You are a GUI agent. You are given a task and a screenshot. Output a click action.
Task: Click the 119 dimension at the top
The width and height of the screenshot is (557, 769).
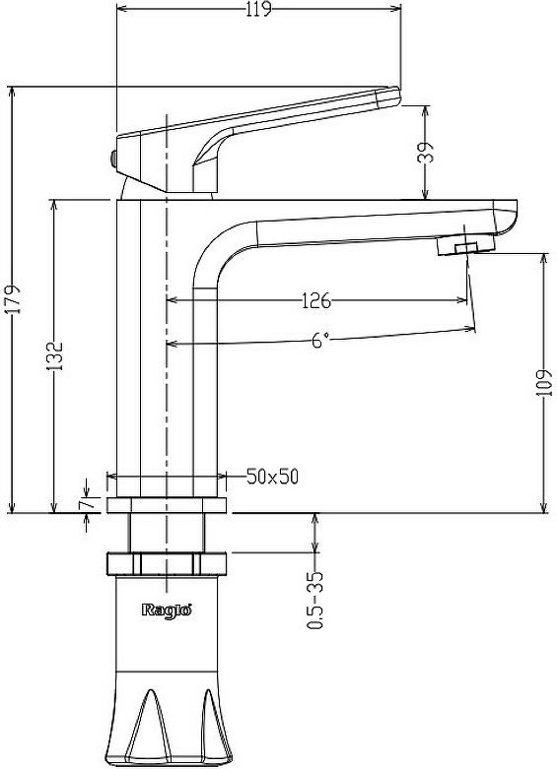(x=259, y=9)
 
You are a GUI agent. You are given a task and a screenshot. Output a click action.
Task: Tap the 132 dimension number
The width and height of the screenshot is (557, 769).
(x=55, y=355)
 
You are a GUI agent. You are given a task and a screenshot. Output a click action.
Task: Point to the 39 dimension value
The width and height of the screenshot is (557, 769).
(x=426, y=153)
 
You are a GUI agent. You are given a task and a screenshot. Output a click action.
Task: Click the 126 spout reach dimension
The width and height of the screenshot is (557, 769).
(x=316, y=300)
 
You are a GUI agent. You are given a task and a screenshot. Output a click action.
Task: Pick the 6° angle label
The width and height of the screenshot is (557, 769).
(x=319, y=340)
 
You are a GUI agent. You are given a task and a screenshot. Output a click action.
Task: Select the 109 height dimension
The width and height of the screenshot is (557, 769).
(x=545, y=384)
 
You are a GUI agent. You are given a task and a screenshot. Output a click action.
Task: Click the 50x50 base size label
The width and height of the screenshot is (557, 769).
(x=273, y=477)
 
